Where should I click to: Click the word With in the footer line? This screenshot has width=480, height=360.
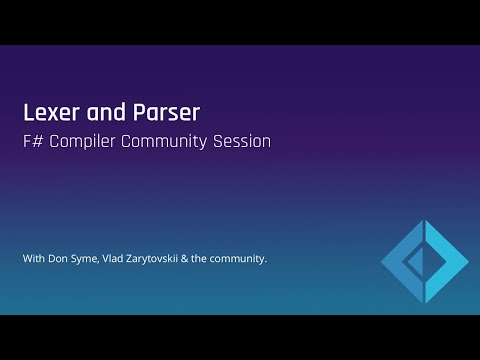coord(34,260)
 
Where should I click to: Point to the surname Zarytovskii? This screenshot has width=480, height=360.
coord(170,260)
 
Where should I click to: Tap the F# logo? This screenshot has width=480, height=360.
coord(424,262)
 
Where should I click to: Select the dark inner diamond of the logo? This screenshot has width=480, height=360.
coord(418,262)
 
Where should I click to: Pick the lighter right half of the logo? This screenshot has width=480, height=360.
coord(448,262)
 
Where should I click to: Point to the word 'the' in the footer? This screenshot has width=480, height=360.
coord(224,260)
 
